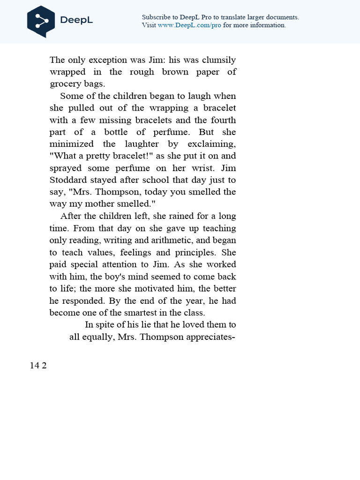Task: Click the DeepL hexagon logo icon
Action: coord(41,21)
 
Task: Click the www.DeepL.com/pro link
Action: coord(189,25)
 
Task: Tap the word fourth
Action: coord(223,120)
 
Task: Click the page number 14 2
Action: coord(38,366)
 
